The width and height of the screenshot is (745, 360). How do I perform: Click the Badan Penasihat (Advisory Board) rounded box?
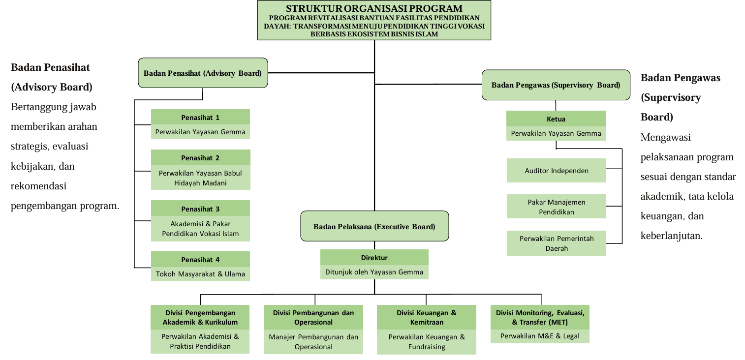[203, 73]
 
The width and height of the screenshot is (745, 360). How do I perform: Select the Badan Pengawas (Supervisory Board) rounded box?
[556, 85]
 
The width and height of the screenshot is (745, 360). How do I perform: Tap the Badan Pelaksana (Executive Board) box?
[374, 226]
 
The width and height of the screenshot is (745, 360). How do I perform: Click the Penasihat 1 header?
[200, 117]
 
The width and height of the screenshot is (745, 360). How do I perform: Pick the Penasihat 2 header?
[200, 157]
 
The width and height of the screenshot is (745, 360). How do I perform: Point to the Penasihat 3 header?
[200, 209]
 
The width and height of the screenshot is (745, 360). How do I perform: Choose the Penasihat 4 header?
[200, 259]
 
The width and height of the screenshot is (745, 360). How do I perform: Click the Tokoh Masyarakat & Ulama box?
[200, 274]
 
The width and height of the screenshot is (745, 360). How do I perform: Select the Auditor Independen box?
[557, 171]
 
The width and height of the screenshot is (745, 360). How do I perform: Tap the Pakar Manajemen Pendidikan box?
[557, 207]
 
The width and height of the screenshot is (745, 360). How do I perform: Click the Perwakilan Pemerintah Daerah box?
[557, 243]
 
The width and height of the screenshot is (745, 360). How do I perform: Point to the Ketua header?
[556, 119]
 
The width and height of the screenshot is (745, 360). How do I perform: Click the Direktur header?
[374, 257]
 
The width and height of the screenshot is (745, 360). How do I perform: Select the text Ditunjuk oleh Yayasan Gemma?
[374, 271]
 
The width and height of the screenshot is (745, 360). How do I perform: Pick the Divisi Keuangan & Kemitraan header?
[426, 317]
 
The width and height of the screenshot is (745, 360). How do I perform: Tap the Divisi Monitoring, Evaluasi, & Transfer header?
[540, 317]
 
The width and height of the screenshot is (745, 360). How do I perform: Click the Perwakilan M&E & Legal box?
[540, 336]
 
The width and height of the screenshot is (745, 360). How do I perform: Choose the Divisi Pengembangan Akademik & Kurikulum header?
[200, 317]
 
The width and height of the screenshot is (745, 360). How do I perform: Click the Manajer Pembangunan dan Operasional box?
[313, 341]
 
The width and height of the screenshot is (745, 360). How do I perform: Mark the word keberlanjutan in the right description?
[670, 236]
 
